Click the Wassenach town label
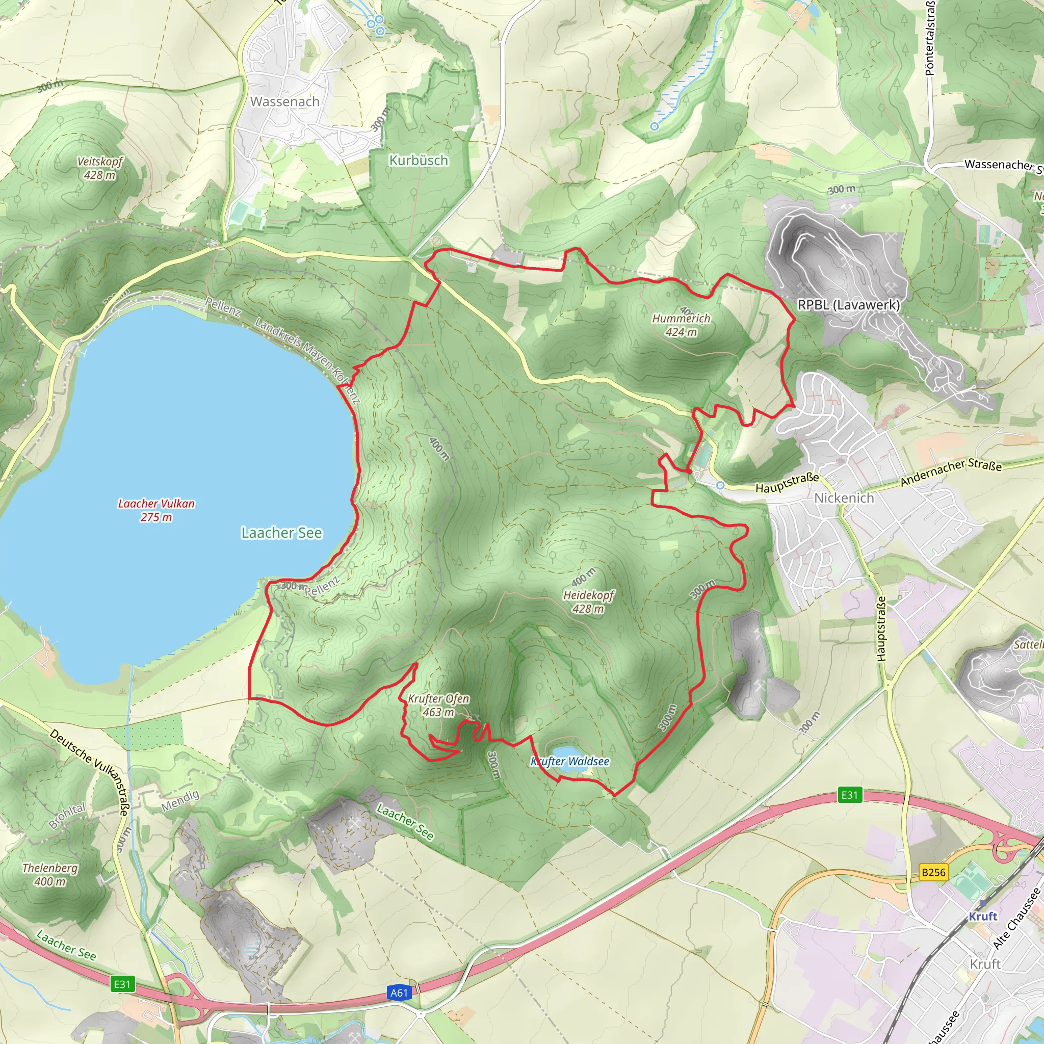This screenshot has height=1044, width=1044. [285, 101]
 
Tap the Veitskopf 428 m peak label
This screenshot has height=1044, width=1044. [100, 168]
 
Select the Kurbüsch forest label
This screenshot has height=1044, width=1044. [419, 161]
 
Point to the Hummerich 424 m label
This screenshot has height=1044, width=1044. [681, 325]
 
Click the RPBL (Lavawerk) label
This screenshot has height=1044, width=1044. [849, 305]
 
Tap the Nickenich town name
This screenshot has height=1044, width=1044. [844, 498]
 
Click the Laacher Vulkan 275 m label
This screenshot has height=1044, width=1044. [156, 510]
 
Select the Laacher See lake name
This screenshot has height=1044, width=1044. [281, 533]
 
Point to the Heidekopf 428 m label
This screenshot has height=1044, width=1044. [588, 602]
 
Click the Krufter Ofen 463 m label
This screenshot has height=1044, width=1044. [438, 705]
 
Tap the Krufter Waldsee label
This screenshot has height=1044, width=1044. [570, 762]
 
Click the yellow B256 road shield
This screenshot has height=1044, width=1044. [933, 872]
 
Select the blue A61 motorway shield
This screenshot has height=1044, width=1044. [399, 992]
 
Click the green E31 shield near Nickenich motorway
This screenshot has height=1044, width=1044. [849, 794]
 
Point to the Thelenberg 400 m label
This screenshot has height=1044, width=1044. [50, 874]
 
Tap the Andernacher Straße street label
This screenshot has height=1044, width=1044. [951, 472]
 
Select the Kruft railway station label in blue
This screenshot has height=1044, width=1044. [983, 917]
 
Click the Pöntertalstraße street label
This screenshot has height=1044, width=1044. [930, 38]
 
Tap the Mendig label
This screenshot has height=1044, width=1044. [180, 800]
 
